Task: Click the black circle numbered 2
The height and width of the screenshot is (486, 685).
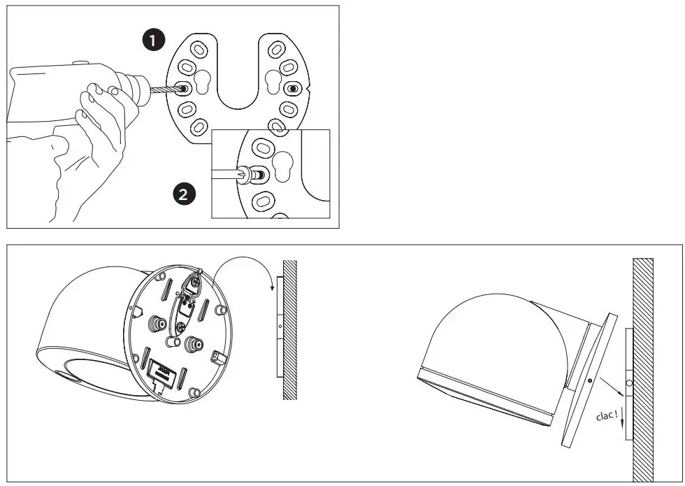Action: point(183,194)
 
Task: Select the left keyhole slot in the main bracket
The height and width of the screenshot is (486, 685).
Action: point(203,80)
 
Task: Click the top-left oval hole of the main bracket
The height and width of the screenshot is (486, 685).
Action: point(198,50)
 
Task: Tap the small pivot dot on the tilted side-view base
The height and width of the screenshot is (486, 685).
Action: point(591,380)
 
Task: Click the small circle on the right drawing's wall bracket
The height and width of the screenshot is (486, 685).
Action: point(628,383)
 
